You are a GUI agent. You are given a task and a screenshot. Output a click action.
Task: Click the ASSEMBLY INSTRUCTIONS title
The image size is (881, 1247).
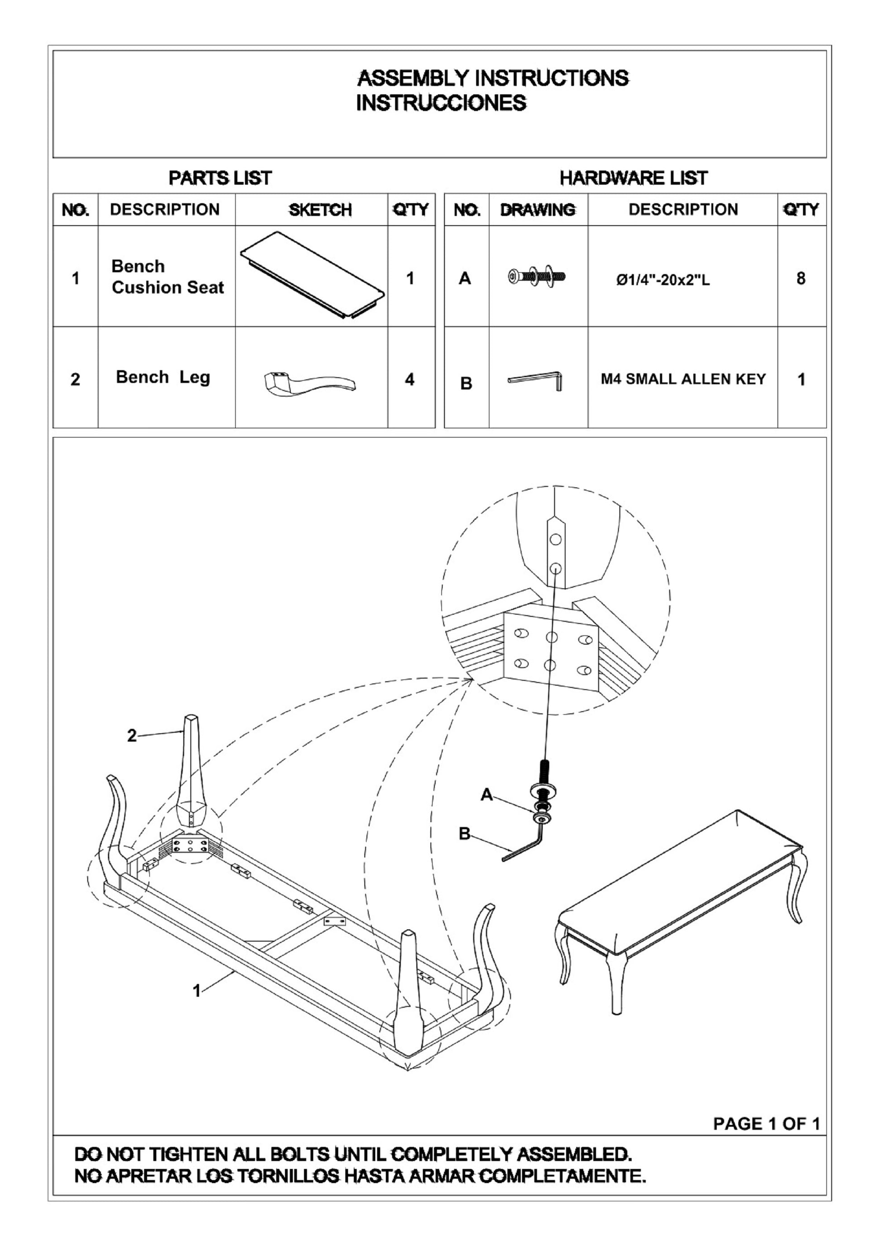tap(492, 78)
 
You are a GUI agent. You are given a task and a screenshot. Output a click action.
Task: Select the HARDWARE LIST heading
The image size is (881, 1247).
tap(633, 177)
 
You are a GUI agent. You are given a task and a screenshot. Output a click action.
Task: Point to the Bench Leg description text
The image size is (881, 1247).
tap(163, 377)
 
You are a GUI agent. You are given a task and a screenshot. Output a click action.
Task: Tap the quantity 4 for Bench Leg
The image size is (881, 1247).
tap(410, 379)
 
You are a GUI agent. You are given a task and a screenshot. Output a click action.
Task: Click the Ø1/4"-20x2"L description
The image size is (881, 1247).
tap(663, 280)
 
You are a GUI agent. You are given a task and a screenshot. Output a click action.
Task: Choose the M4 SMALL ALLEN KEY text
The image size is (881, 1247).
tap(683, 379)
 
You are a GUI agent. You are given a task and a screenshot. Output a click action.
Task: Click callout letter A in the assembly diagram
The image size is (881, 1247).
tap(487, 795)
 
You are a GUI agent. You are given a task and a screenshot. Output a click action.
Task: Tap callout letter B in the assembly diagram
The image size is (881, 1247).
tap(464, 834)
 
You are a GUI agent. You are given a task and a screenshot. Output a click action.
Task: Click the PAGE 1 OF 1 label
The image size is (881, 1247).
tap(766, 1124)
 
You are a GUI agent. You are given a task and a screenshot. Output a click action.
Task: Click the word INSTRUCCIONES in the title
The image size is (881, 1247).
tap(440, 103)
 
